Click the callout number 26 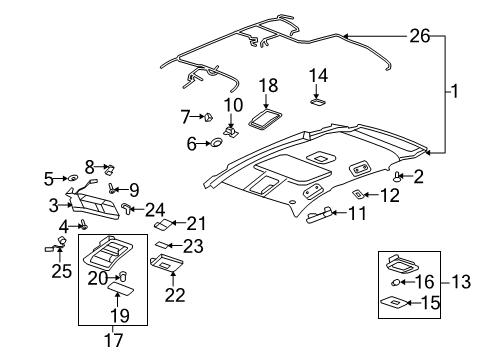tap(420, 36)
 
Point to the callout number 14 tap(318, 75)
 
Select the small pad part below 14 tap(318, 99)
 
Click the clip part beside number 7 tap(211, 117)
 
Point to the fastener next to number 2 tap(399, 176)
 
